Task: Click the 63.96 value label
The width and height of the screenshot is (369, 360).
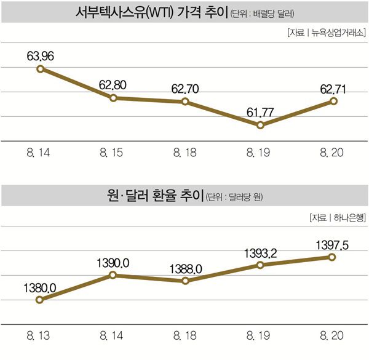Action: (40, 57)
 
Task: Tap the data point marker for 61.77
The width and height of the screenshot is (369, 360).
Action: (260, 125)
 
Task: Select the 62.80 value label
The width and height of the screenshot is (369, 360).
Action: (113, 85)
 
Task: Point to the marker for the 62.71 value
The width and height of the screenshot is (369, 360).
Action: (334, 101)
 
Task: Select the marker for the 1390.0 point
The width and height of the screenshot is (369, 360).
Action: (113, 275)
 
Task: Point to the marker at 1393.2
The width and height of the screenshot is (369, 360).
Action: (260, 265)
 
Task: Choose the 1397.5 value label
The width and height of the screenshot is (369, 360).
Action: (335, 244)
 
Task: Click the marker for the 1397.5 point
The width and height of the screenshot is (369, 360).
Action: (332, 257)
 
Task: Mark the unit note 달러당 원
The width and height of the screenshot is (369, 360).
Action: (244, 197)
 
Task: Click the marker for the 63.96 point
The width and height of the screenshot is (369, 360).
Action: (40, 69)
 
